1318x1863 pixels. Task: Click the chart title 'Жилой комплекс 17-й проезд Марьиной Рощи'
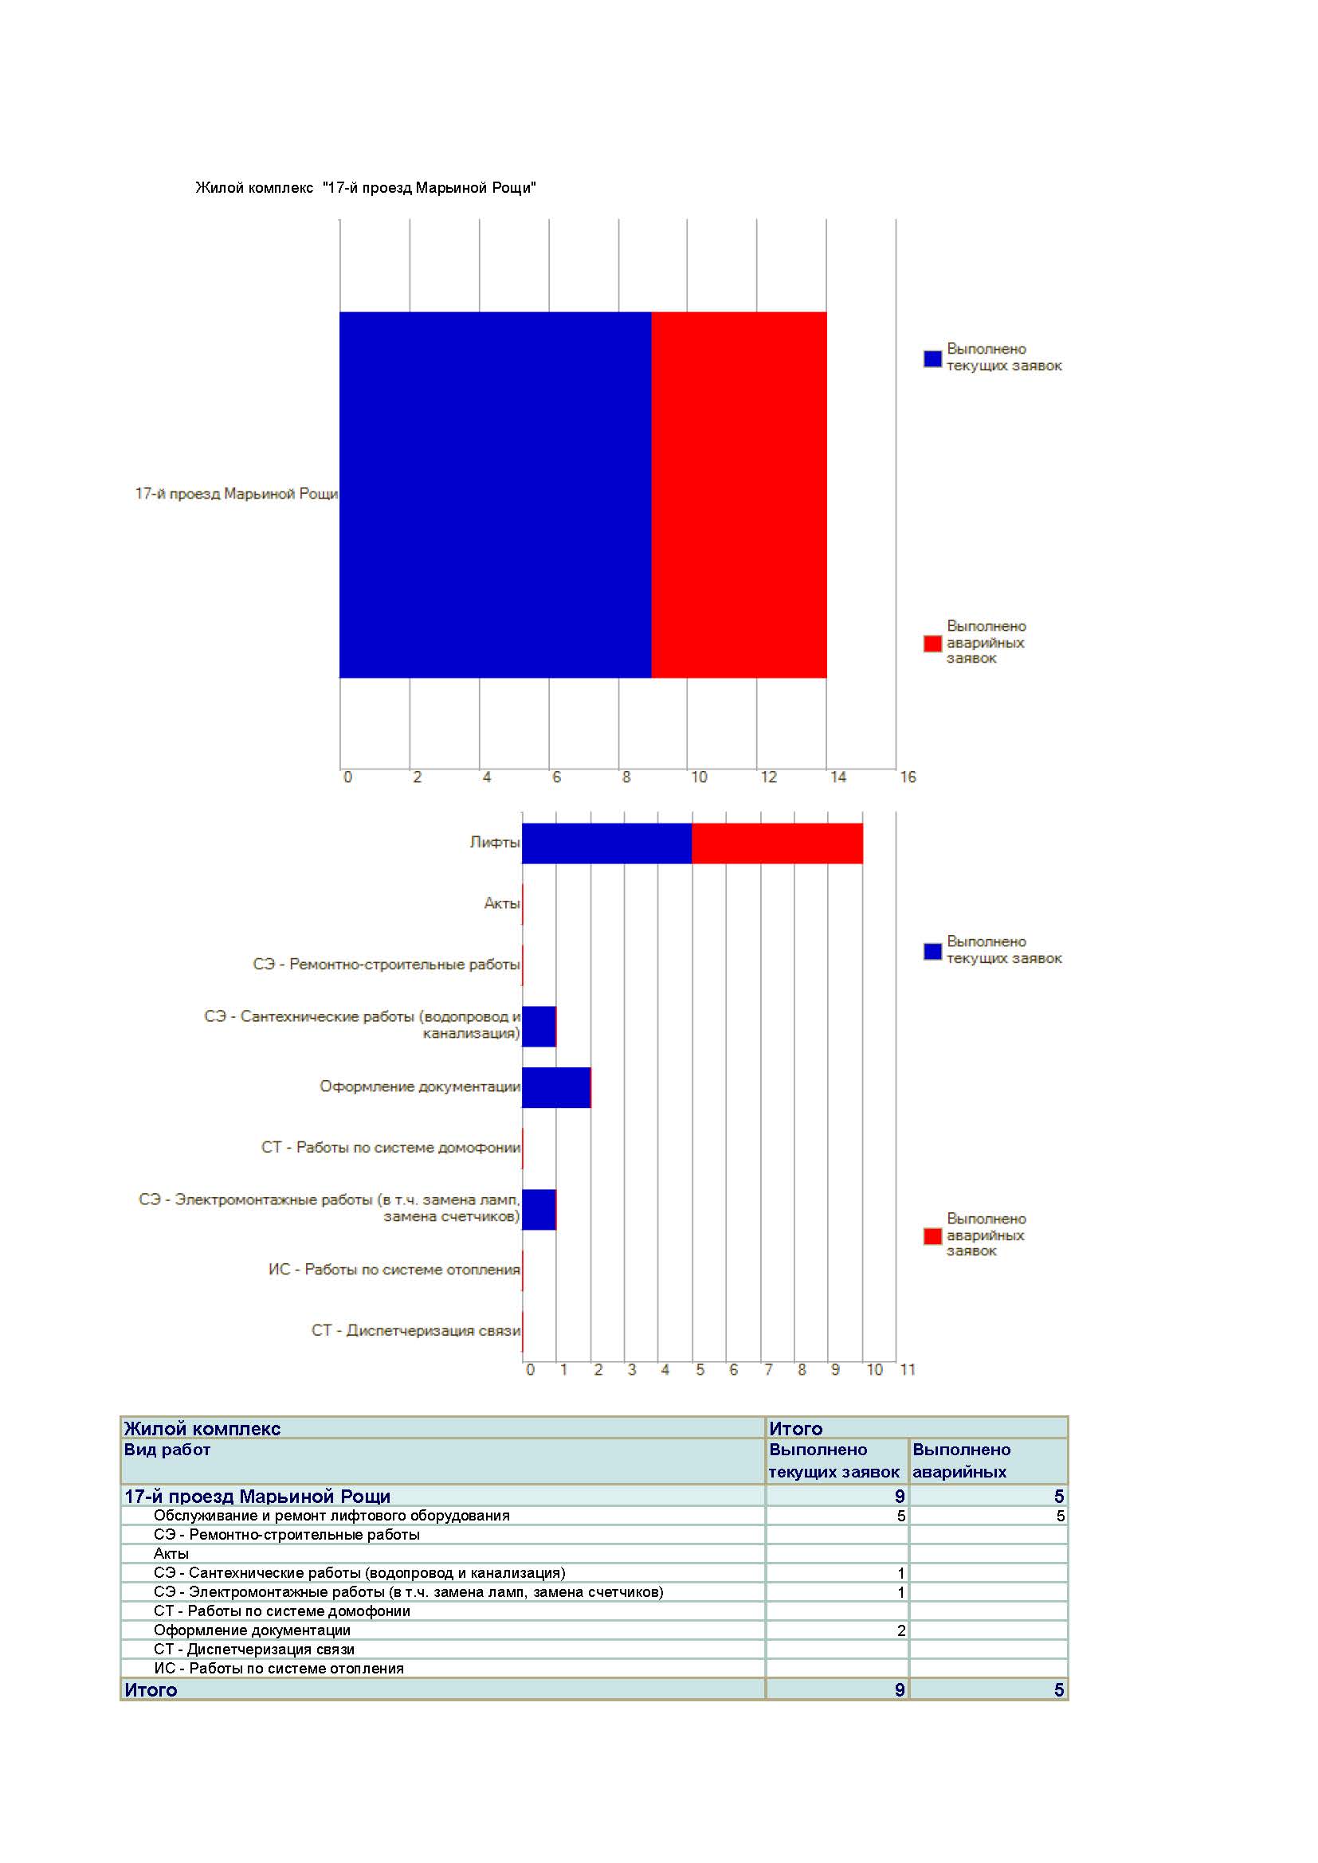(x=365, y=188)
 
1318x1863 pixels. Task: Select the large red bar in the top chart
(x=739, y=494)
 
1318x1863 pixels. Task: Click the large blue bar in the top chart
(x=495, y=494)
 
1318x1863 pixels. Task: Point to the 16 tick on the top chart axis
(x=908, y=777)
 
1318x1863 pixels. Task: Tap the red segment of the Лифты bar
(x=777, y=843)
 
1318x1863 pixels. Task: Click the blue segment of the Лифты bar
(x=607, y=843)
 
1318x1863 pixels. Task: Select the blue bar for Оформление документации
(x=556, y=1087)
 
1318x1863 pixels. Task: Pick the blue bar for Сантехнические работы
(x=539, y=1027)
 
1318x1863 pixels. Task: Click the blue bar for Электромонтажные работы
(x=539, y=1210)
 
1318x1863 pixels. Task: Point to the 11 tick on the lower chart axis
(x=908, y=1370)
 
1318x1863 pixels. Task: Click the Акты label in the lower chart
(x=501, y=903)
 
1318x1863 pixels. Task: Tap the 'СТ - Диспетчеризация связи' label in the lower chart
(x=415, y=1331)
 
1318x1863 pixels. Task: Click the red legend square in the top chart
(x=932, y=644)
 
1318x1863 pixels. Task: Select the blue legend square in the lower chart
(x=932, y=951)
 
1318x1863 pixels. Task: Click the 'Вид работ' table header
(x=167, y=1450)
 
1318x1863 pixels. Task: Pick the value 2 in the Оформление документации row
(x=901, y=1631)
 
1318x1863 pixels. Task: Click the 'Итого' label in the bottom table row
(x=150, y=1690)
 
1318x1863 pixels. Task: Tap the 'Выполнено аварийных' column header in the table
(x=961, y=1461)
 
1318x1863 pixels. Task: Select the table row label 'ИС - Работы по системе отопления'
(x=278, y=1669)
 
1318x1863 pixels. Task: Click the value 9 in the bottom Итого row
(x=899, y=1690)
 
